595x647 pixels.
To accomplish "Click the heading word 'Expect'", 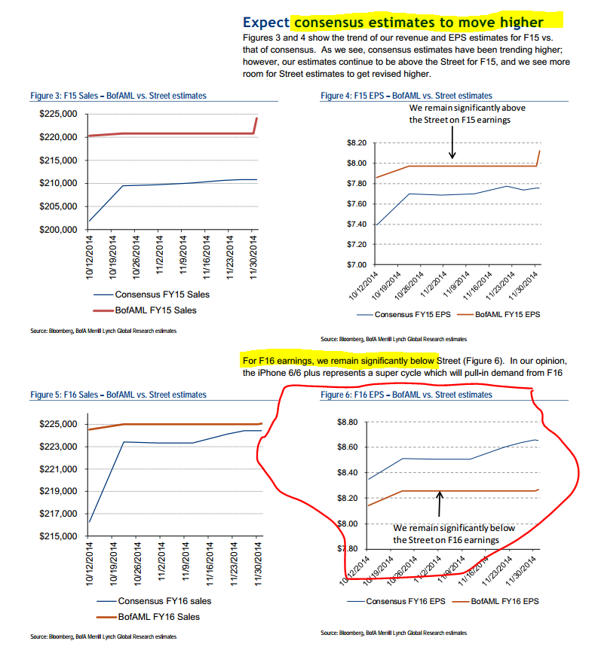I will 265,24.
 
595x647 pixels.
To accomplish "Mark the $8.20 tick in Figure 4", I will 356,143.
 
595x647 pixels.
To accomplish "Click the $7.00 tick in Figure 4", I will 356,265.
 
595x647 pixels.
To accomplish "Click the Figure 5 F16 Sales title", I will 118,394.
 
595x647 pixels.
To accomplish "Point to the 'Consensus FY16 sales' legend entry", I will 164,600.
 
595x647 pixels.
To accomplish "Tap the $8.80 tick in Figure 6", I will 356,423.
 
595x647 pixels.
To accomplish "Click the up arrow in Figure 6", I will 439,503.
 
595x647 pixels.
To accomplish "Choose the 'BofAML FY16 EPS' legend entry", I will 505,601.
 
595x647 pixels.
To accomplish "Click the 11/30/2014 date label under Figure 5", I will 257,562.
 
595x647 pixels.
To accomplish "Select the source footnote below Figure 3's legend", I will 103,330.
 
